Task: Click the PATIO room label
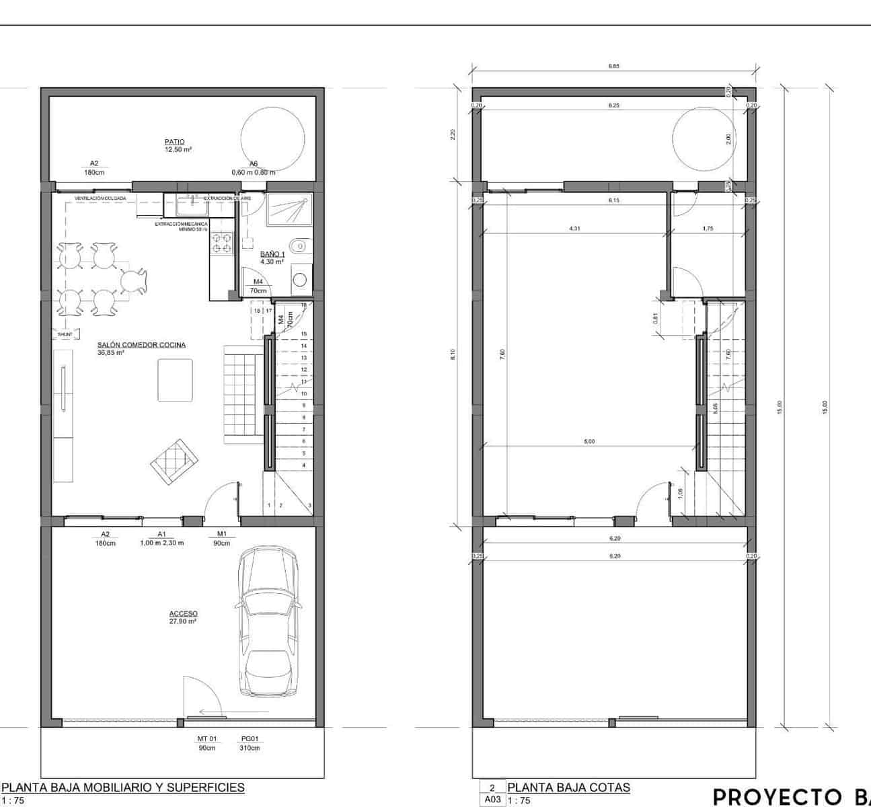(x=174, y=142)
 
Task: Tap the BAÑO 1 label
(x=272, y=254)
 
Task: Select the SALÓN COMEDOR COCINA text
(x=141, y=345)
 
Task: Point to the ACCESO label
(x=183, y=613)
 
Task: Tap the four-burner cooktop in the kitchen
(x=222, y=243)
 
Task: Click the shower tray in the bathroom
(x=289, y=210)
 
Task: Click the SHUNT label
(x=65, y=334)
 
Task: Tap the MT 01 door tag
(x=207, y=738)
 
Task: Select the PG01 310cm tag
(x=250, y=743)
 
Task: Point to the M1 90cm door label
(x=221, y=538)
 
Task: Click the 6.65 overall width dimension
(x=613, y=66)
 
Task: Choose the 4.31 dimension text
(x=574, y=229)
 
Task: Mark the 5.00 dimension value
(x=589, y=442)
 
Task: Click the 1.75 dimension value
(x=708, y=229)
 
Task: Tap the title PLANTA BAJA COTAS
(x=568, y=787)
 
